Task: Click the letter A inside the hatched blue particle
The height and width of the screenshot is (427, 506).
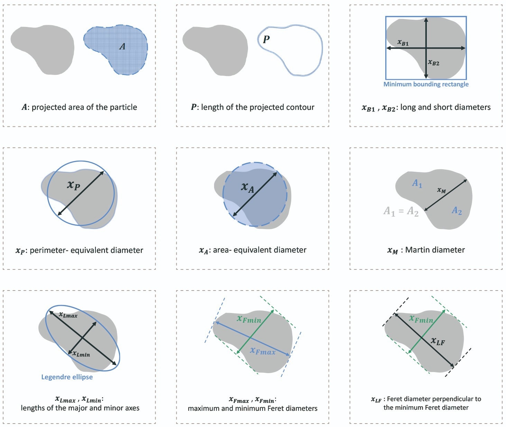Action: click(122, 46)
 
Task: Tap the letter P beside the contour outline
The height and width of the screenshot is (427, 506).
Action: click(266, 39)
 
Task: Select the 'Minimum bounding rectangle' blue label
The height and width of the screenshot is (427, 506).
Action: click(426, 84)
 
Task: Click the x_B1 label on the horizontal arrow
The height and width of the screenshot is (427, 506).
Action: click(403, 43)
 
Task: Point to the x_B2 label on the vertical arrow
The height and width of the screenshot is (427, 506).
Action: click(433, 63)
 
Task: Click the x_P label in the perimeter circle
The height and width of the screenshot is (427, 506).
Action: click(74, 186)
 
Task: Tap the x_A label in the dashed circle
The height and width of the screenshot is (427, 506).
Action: click(248, 188)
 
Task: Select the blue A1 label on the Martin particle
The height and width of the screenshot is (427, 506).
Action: click(417, 184)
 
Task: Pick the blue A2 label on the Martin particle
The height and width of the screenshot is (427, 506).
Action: click(457, 210)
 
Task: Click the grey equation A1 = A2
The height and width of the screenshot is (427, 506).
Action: click(401, 211)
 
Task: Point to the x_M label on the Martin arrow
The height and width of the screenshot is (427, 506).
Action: click(442, 190)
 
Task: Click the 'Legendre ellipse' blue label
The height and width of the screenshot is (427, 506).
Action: click(67, 377)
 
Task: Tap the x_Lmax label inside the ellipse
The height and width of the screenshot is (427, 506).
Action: click(68, 315)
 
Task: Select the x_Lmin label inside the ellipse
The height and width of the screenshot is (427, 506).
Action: click(81, 354)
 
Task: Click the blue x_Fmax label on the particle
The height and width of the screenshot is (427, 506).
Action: click(263, 351)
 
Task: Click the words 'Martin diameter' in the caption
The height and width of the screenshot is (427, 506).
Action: click(435, 250)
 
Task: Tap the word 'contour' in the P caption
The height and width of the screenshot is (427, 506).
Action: click(301, 107)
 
